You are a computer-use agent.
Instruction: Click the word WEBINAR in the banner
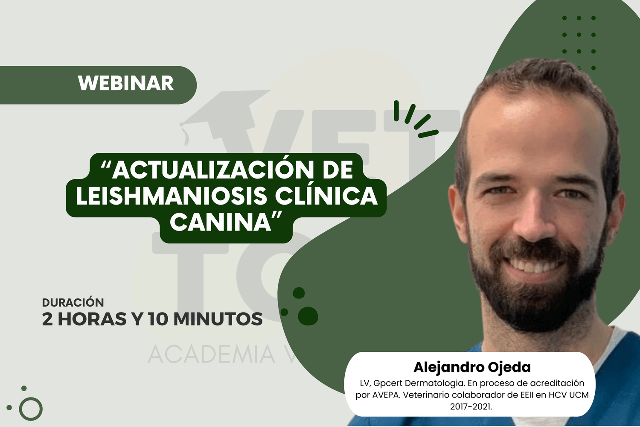click(x=126, y=84)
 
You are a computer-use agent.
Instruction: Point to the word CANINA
click(x=221, y=222)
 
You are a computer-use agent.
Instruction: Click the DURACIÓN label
click(x=73, y=302)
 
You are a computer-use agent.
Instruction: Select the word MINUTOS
click(x=218, y=319)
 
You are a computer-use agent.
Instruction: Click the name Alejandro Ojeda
click(x=472, y=368)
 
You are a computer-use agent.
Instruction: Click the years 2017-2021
click(x=471, y=407)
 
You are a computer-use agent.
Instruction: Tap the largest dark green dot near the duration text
click(x=308, y=316)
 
